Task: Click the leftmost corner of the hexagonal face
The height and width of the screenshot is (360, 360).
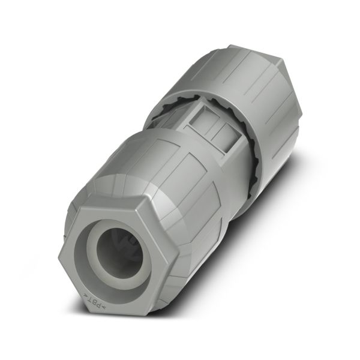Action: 59,257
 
